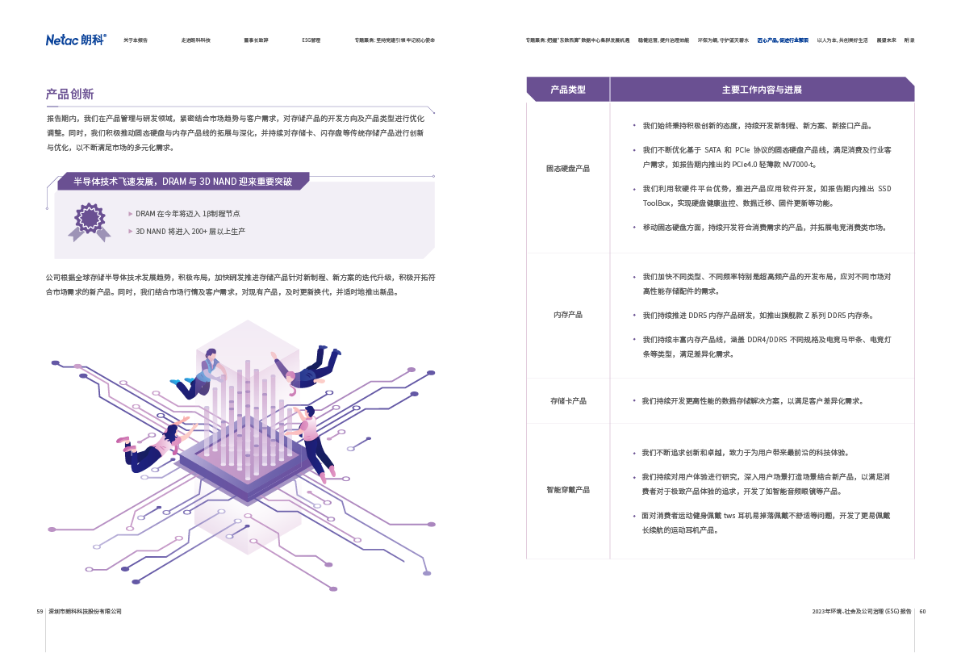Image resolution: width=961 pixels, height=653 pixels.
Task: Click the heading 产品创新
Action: (x=70, y=94)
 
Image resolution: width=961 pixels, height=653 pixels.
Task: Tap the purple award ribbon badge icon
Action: (x=89, y=220)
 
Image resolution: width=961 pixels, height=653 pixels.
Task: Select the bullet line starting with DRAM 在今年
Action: (x=187, y=214)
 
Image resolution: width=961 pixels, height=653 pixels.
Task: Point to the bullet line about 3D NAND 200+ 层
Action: (x=190, y=232)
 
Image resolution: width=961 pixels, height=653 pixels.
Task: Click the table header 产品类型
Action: (x=568, y=90)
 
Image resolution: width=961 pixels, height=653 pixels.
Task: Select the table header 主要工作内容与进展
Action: (x=762, y=90)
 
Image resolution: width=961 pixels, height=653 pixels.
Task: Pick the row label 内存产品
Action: (x=568, y=315)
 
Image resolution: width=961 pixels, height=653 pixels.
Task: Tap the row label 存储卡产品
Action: (x=568, y=401)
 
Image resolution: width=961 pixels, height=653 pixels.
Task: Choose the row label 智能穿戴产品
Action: (x=568, y=490)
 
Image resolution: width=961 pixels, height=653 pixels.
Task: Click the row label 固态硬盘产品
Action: (x=568, y=169)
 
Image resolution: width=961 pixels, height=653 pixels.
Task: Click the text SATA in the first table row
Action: (x=712, y=150)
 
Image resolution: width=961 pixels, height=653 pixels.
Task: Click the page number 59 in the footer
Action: (x=40, y=611)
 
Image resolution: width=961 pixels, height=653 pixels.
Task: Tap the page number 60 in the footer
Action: (x=922, y=611)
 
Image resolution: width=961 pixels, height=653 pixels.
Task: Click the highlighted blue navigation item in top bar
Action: (x=782, y=40)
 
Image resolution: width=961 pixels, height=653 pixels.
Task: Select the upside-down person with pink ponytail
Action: (x=153, y=446)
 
